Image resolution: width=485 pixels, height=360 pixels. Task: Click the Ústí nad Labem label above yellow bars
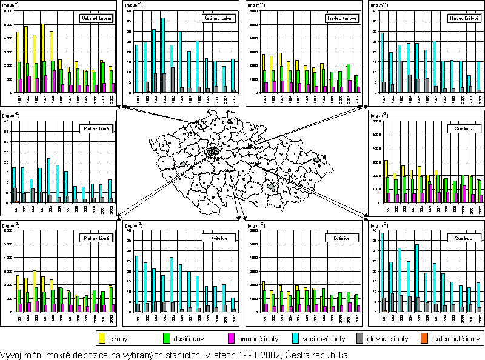98,18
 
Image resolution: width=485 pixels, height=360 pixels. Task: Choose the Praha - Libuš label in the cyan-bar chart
96,128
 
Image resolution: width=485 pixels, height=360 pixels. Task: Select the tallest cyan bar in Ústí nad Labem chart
163,55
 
